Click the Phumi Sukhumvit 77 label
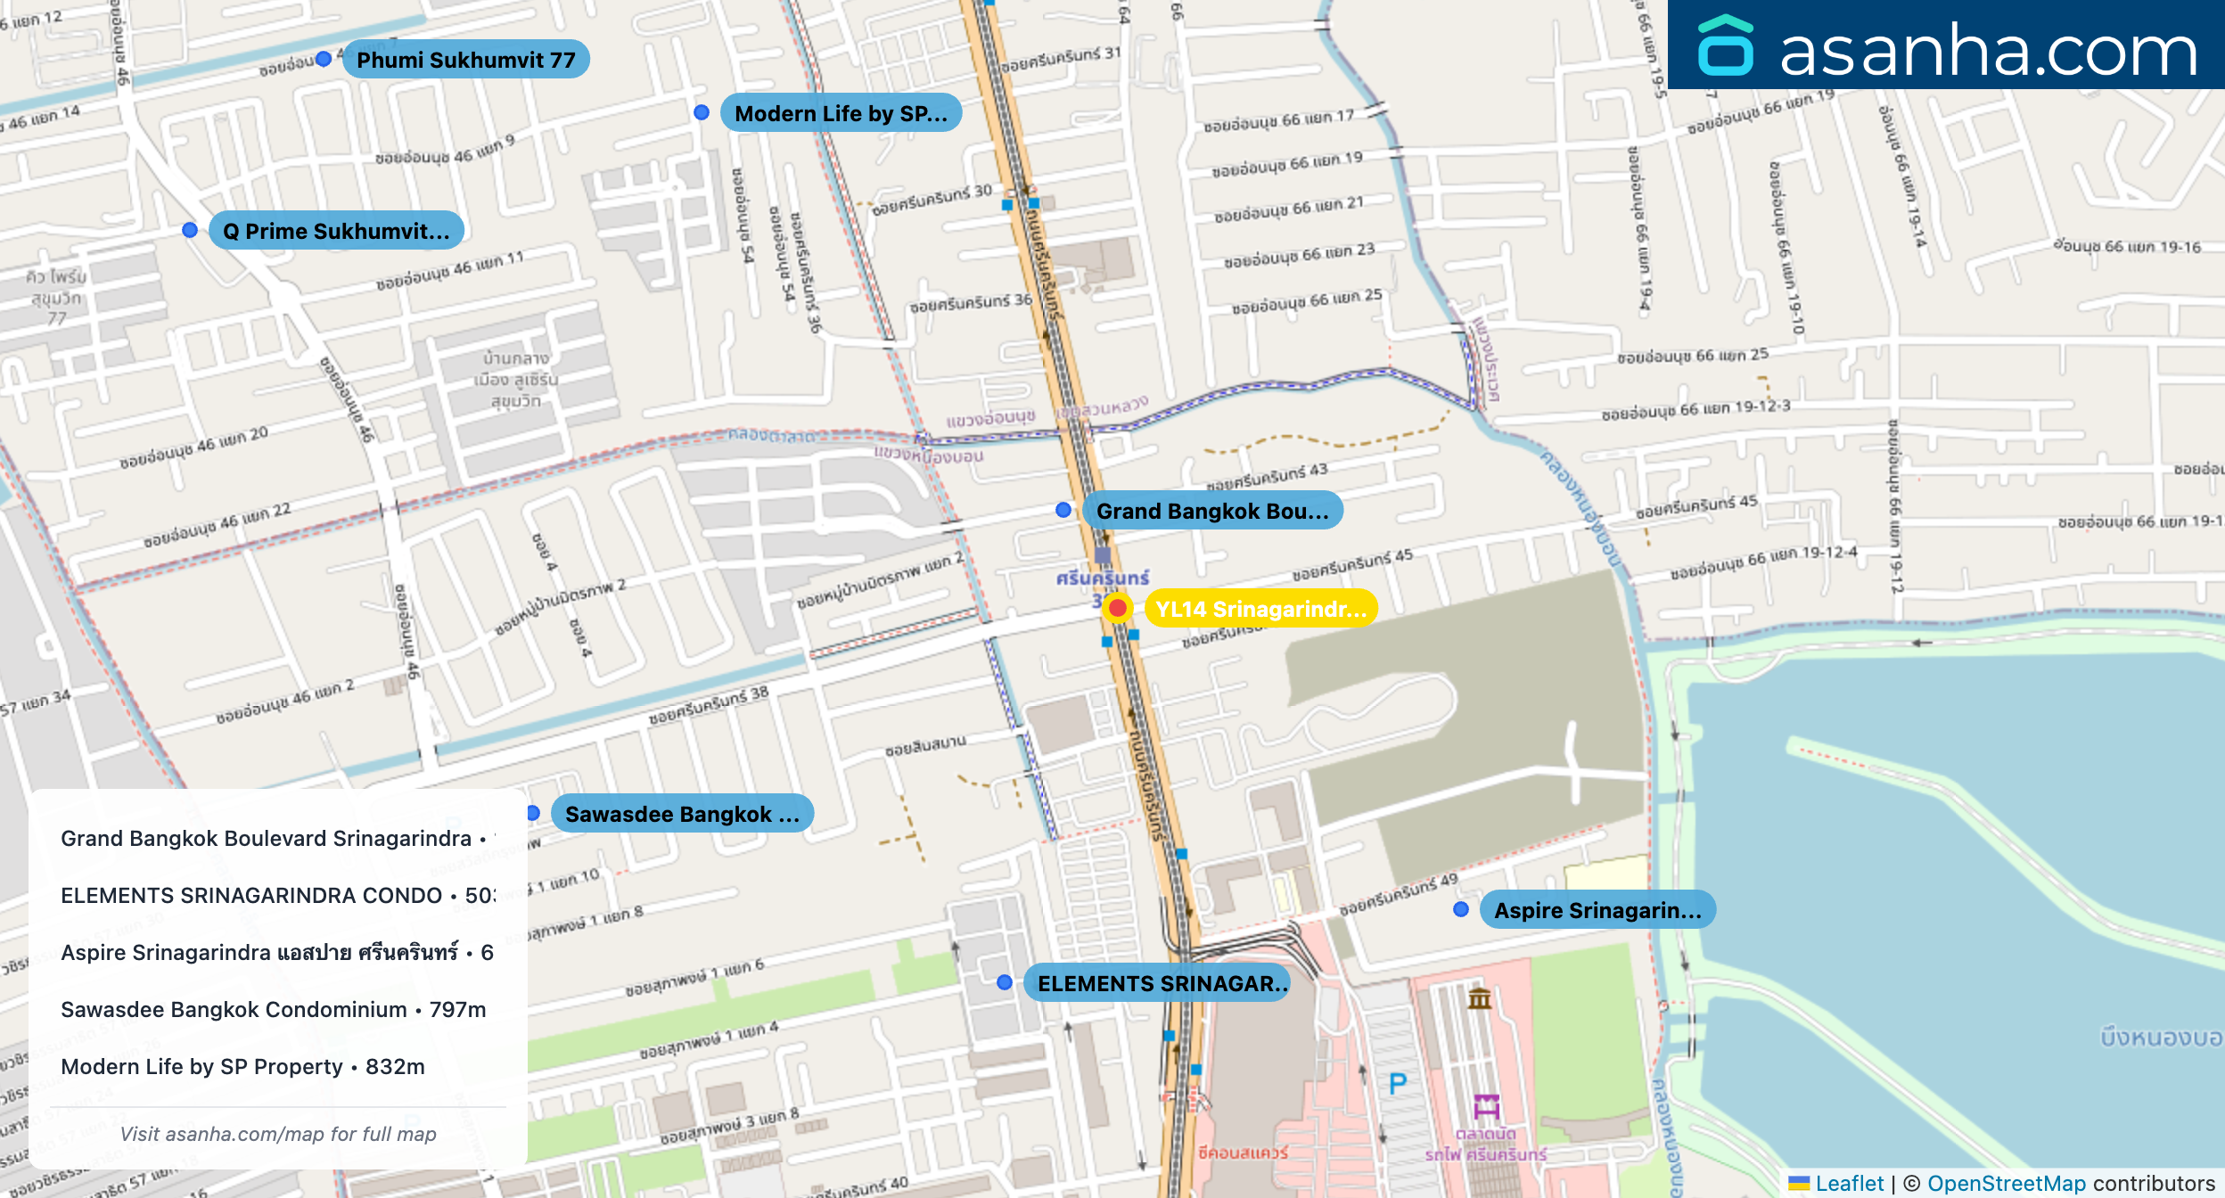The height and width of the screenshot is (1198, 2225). click(465, 60)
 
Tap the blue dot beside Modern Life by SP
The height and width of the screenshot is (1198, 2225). click(702, 112)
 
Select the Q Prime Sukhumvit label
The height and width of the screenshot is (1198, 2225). click(336, 231)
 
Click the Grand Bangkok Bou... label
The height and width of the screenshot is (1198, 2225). click(1211, 511)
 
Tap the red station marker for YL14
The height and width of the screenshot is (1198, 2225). click(1117, 608)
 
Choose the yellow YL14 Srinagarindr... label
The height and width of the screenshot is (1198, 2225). click(1260, 609)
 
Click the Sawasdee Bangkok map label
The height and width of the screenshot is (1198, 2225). click(682, 814)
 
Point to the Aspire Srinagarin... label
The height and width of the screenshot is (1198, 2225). click(1597, 910)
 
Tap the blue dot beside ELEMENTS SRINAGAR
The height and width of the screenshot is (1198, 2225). click(1005, 982)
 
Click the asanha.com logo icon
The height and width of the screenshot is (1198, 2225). click(1725, 46)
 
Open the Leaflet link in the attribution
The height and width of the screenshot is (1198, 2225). click(1849, 1183)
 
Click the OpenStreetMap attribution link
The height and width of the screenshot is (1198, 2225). click(2006, 1183)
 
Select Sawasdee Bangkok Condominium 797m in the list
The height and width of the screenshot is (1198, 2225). click(274, 1009)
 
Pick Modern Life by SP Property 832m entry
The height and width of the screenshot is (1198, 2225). click(242, 1066)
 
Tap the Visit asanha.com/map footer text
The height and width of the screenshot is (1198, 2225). click(278, 1134)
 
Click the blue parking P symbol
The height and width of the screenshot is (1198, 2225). click(1398, 1083)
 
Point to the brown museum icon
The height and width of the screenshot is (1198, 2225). click(1480, 997)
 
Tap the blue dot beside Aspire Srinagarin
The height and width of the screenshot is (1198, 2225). click(1461, 909)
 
